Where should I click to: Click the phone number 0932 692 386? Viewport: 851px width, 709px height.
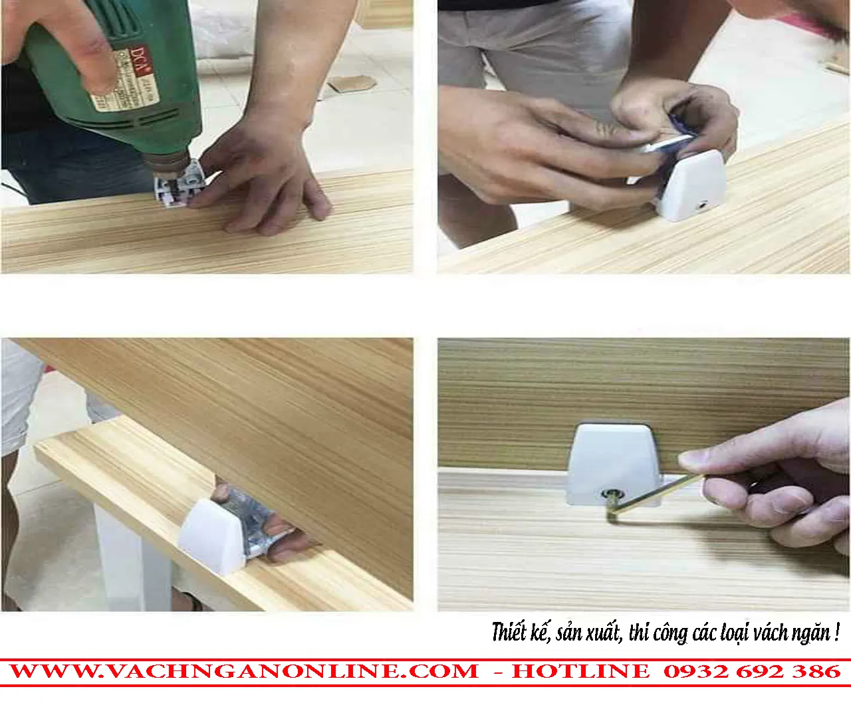tap(752, 671)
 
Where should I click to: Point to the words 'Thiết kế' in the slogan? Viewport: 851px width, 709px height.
tap(520, 632)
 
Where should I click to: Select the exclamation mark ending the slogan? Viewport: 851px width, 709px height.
tap(836, 631)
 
